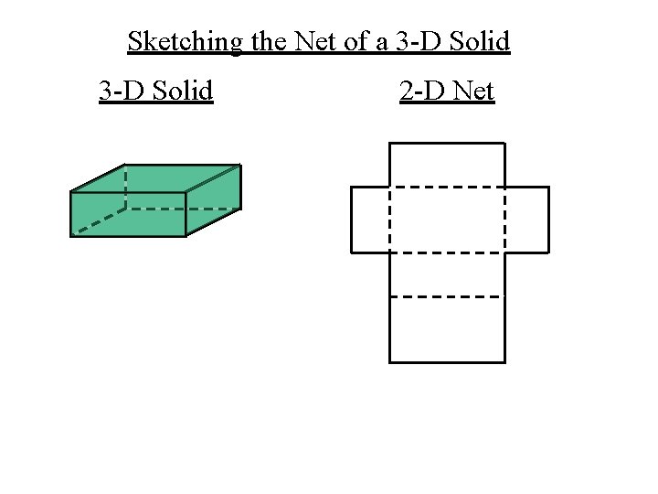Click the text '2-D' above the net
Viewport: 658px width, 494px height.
[423, 91]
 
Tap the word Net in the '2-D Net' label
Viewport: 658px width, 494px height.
[473, 91]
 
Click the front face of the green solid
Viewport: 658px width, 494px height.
[128, 214]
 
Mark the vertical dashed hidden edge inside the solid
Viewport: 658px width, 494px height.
[126, 187]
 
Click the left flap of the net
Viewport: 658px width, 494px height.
[370, 220]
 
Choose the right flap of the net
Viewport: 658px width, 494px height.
[526, 220]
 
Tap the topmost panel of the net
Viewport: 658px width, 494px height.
[447, 166]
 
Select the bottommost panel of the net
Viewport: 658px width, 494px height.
[447, 329]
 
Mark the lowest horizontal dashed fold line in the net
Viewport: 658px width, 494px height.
[447, 296]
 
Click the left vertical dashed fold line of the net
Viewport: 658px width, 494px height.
[390, 220]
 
